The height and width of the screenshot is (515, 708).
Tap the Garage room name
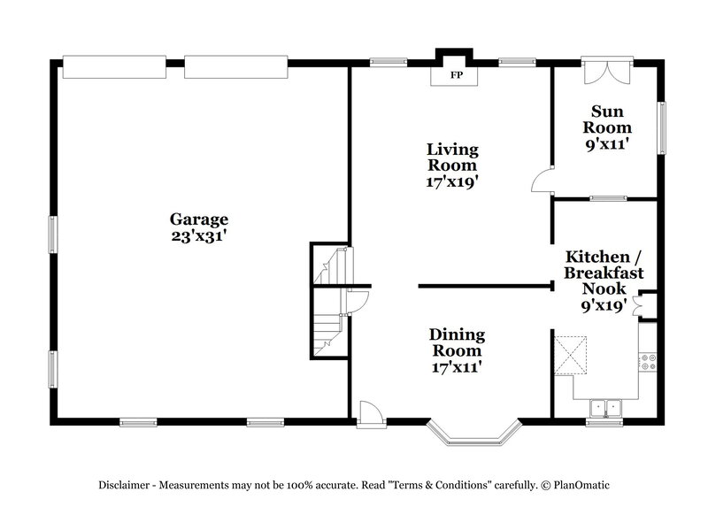tap(199, 219)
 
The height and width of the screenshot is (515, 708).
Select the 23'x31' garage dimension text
tap(199, 235)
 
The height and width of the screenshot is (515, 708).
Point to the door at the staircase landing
tap(357, 302)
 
